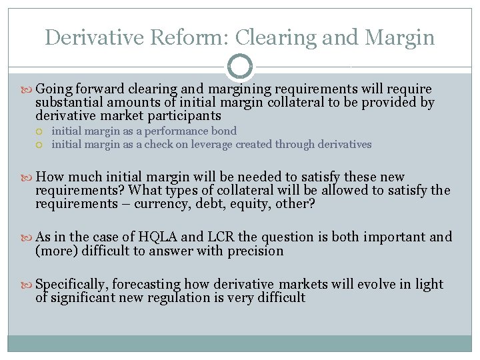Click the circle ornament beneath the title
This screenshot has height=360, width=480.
(x=240, y=67)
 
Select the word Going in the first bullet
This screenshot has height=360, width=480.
(x=54, y=89)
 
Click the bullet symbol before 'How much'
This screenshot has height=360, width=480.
(x=27, y=177)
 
